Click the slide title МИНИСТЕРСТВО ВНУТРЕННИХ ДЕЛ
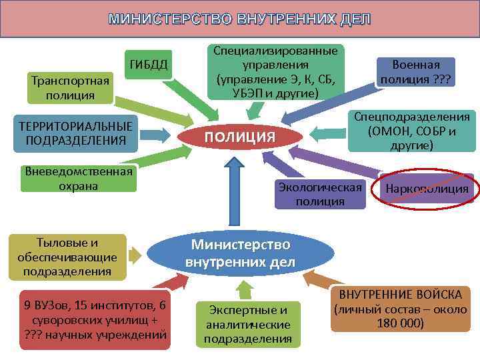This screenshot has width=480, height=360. pyautogui.click(x=240, y=19)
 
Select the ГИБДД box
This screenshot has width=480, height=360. pyautogui.click(x=149, y=64)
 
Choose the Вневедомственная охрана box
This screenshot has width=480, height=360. pyautogui.click(x=79, y=178)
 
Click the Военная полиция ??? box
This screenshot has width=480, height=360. pyautogui.click(x=415, y=73)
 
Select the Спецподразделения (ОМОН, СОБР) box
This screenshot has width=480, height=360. pyautogui.click(x=412, y=131)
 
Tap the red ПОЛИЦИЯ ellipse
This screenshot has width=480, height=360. pyautogui.click(x=240, y=137)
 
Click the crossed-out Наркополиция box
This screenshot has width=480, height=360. pyautogui.click(x=427, y=189)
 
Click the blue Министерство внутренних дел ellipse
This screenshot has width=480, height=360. pyautogui.click(x=240, y=251)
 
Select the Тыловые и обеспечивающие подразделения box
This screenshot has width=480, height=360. pyautogui.click(x=67, y=257)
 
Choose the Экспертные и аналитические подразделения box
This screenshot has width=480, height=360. pyautogui.click(x=247, y=325)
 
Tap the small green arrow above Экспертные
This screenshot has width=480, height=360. pyautogui.click(x=245, y=289)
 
